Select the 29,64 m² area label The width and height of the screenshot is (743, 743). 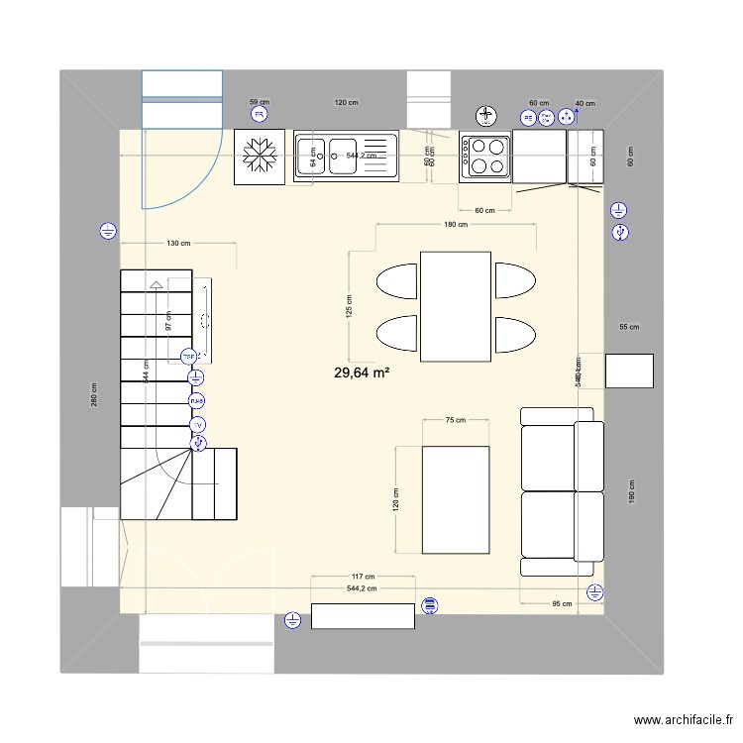(x=362, y=372)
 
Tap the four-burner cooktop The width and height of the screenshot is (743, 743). (x=485, y=157)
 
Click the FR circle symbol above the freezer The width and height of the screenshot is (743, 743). (x=260, y=115)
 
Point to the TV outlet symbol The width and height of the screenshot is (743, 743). (x=197, y=425)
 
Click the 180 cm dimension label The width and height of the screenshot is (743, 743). (x=456, y=225)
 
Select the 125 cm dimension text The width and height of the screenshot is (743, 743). (x=349, y=305)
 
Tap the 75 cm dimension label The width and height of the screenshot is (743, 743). (x=455, y=420)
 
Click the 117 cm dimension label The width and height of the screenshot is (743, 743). (x=363, y=577)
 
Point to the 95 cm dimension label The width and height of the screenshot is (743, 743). (x=562, y=602)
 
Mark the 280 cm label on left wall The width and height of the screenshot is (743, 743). (x=94, y=394)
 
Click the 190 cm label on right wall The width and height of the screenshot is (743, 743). (x=630, y=492)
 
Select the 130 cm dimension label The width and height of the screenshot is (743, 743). (x=178, y=243)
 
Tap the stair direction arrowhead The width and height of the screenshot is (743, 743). (x=156, y=286)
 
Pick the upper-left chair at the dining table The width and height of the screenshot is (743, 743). (x=397, y=280)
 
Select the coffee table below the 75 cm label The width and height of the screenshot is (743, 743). (x=456, y=499)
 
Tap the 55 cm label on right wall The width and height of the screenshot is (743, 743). (x=629, y=327)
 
